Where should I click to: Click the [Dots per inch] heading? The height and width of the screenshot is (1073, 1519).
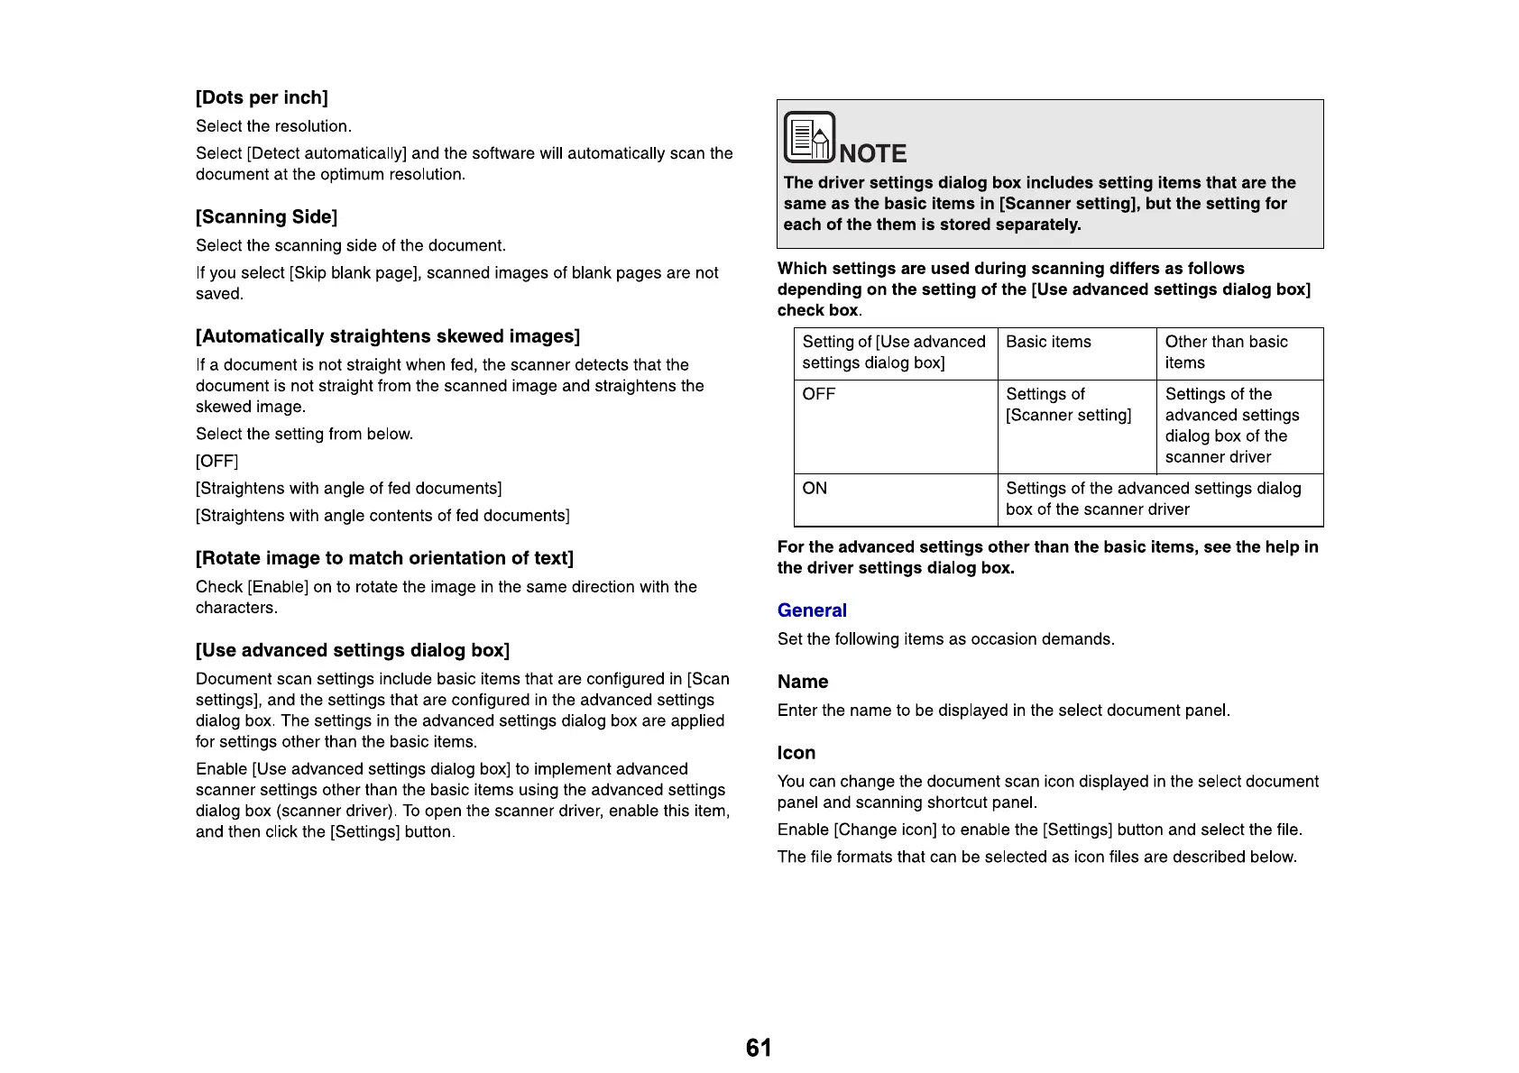click(262, 97)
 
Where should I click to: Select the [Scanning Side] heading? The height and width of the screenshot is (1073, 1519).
click(266, 216)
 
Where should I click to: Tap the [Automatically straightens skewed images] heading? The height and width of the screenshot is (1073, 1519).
click(387, 336)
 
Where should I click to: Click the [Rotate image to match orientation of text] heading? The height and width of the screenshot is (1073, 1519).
click(384, 558)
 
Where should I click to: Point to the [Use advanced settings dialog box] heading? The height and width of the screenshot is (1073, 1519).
click(353, 650)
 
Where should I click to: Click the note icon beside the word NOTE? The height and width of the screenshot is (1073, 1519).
click(809, 137)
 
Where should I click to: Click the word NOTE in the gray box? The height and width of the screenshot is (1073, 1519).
click(872, 153)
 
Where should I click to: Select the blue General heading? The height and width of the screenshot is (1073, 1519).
click(812, 610)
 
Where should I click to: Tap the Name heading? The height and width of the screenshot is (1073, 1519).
click(803, 682)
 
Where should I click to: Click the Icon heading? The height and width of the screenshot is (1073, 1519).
click(796, 753)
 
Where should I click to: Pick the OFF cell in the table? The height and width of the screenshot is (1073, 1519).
click(819, 394)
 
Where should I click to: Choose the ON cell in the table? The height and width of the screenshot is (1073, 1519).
click(815, 488)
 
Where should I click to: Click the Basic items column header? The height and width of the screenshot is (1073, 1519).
click(1048, 342)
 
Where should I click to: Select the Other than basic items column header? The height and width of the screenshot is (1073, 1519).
click(1226, 352)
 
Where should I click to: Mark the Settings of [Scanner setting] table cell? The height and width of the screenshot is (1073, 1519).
click(1068, 405)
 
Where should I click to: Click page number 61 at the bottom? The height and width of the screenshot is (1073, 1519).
click(759, 1048)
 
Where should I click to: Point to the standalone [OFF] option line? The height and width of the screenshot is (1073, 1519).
click(216, 461)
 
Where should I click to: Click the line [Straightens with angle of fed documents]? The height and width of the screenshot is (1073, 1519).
click(348, 488)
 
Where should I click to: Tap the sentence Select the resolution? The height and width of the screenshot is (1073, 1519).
click(273, 126)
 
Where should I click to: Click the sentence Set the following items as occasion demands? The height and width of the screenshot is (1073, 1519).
click(945, 639)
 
